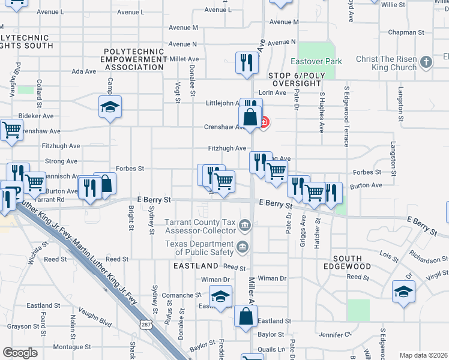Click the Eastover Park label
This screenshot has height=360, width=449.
coord(316,61)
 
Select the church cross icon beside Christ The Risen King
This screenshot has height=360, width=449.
coord(426,62)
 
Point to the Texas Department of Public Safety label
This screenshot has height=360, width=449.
coord(201,248)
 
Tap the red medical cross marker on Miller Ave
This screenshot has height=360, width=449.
coord(264,122)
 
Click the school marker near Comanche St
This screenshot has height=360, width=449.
coord(220,296)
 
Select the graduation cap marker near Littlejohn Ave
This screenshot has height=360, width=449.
coord(110,107)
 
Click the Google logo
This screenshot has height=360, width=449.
coord(20,353)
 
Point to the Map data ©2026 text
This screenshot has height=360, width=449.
coord(423,355)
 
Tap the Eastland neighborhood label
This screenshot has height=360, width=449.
coord(196,265)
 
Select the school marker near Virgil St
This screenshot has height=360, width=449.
coord(403,292)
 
